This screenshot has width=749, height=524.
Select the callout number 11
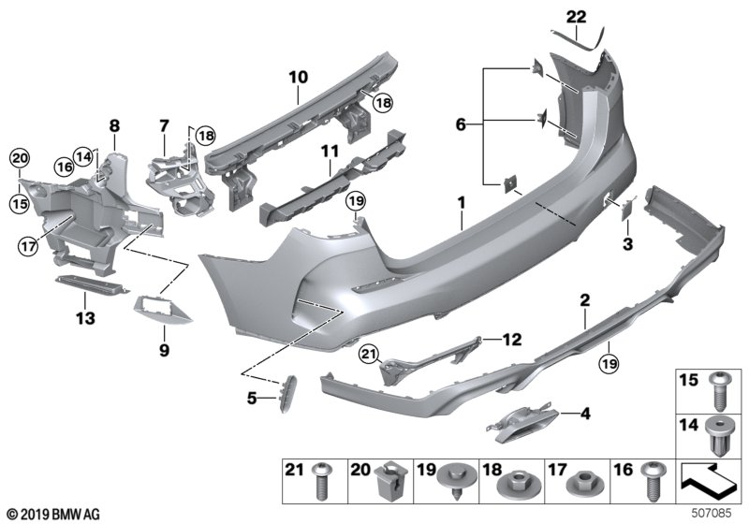(329, 151)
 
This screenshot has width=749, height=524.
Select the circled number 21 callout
(367, 352)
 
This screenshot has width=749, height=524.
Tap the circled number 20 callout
(20, 156)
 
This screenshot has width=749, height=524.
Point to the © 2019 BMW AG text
(52, 514)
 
